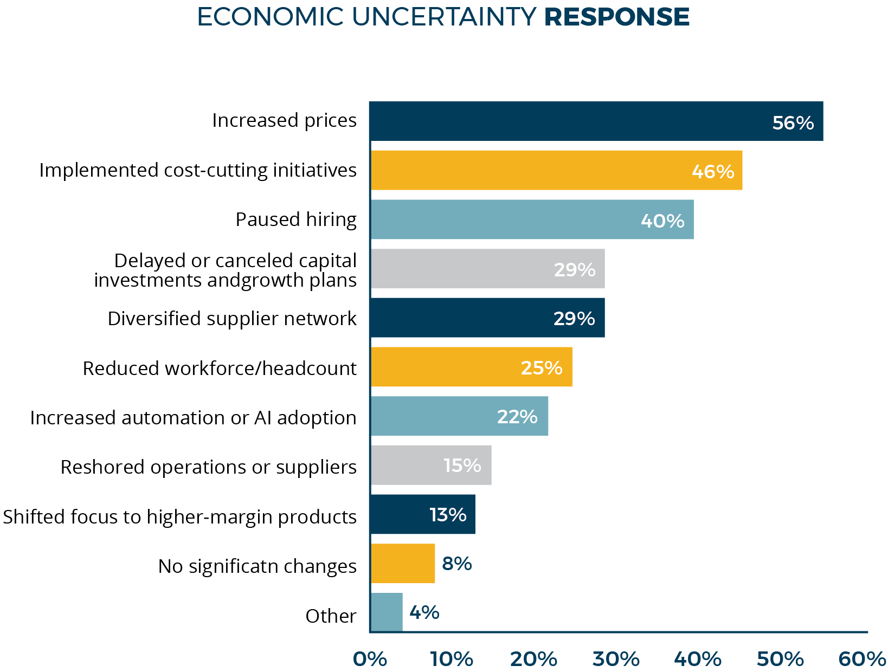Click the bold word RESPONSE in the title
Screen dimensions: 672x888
(616, 17)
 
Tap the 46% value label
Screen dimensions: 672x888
(712, 171)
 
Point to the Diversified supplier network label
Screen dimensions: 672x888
(232, 319)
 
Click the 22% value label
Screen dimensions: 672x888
(517, 417)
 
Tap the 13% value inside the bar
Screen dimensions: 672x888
(447, 515)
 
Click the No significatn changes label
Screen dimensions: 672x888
(257, 566)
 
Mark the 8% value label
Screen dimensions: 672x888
(456, 564)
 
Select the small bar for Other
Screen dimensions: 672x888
(387, 612)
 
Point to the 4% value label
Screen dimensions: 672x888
(424, 613)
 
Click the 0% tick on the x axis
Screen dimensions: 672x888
(370, 659)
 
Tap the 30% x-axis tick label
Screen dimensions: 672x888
(616, 659)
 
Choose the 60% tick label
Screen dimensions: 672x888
(861, 659)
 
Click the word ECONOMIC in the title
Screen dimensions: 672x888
(270, 17)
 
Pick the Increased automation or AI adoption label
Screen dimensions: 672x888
(193, 418)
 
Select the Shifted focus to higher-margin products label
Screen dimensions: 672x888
(179, 517)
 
